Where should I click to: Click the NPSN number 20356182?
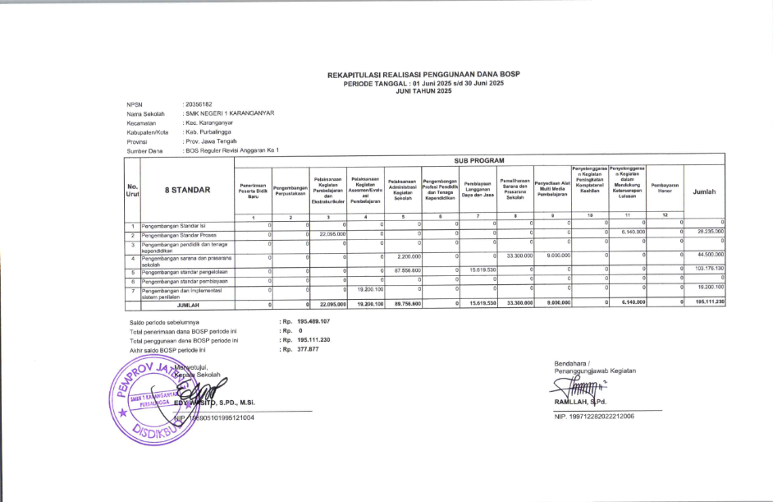[199, 104]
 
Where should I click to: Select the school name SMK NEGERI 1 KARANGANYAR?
[229, 113]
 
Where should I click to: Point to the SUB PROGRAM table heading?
[480, 161]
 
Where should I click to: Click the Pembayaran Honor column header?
[666, 188]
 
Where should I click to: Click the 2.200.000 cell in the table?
[403, 256]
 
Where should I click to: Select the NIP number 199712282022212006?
[597, 417]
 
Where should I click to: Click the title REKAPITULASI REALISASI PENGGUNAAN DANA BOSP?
[423, 75]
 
